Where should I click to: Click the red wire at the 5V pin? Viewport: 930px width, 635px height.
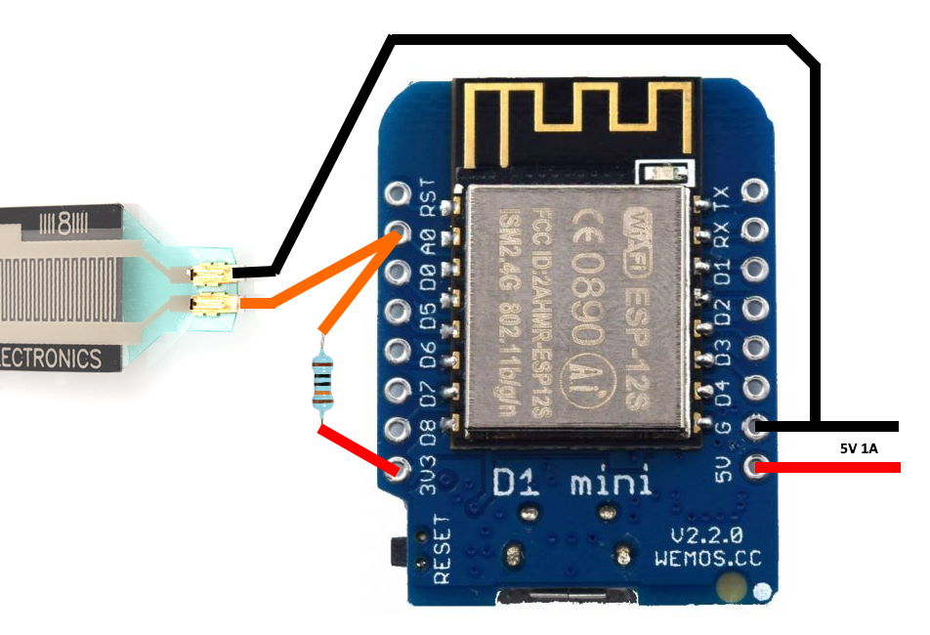tap(830, 469)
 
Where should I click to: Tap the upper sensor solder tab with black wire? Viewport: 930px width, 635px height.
tap(211, 276)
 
